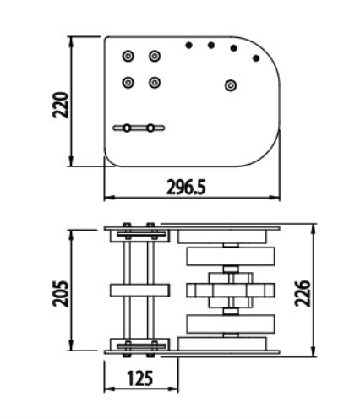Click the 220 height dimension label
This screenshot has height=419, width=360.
[61, 105]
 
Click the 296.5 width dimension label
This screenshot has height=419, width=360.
[186, 187]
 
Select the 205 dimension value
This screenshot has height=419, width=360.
[61, 293]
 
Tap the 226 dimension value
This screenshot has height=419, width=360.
[303, 293]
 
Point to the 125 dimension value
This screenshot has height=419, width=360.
[140, 378]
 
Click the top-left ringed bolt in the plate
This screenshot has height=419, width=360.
[128, 56]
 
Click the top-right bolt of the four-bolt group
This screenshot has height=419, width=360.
[155, 56]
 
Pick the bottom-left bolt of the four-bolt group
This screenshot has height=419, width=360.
[128, 83]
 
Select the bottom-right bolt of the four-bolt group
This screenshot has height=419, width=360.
[155, 83]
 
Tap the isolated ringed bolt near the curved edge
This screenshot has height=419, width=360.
[231, 85]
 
